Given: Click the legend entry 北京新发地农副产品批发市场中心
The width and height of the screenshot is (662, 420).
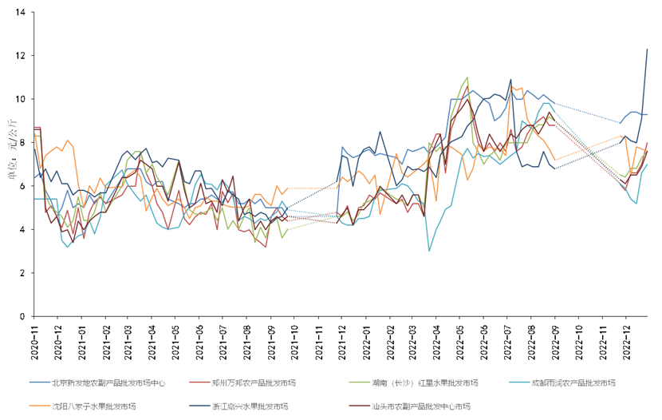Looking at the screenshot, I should (x=108, y=382).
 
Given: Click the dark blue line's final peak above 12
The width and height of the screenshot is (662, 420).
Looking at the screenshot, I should (x=647, y=50).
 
